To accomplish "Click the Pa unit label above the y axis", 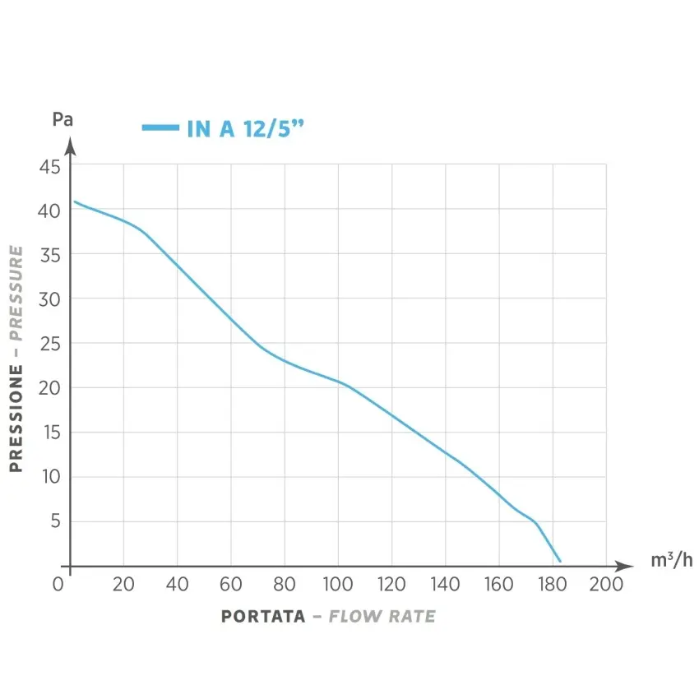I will click(x=62, y=119).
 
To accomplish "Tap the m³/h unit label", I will click(x=671, y=561).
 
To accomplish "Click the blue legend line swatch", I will click(x=160, y=127).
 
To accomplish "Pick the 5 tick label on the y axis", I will click(x=55, y=521).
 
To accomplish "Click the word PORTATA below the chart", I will click(x=263, y=617).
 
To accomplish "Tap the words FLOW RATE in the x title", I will click(x=382, y=617).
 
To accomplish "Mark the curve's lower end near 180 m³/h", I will click(x=560, y=561).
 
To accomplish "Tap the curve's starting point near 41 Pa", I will click(x=75, y=201).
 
